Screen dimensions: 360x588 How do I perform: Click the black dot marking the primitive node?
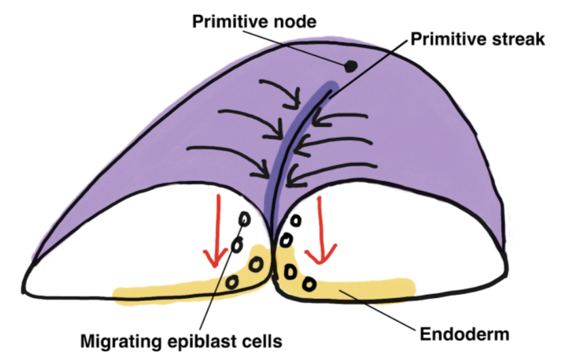tap(350, 67)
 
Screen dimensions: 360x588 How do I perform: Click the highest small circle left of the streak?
tap(242, 219)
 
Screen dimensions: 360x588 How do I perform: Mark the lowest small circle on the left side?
tap(232, 281)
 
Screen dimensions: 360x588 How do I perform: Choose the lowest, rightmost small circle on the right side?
tap(310, 282)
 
